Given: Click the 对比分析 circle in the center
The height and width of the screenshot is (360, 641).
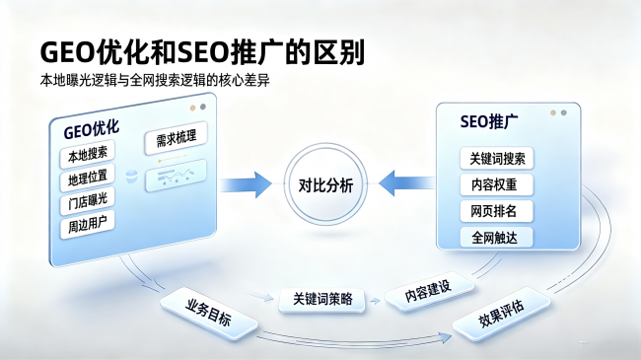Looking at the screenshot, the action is (x=325, y=184).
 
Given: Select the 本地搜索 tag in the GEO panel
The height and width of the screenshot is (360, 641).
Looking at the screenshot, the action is (x=87, y=155).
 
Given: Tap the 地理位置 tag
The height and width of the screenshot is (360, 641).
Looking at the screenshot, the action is (x=87, y=178).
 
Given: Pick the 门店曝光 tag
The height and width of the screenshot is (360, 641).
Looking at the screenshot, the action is (x=87, y=201).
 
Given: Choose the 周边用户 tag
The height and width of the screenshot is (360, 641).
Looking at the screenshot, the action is (x=87, y=225).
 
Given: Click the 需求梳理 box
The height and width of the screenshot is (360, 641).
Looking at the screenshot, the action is (x=177, y=138).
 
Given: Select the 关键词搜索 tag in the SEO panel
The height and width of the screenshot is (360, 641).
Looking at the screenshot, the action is (x=497, y=159).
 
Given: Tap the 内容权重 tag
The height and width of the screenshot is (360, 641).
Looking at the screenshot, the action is (x=497, y=184).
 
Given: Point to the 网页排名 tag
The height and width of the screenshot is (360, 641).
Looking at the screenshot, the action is (x=497, y=211).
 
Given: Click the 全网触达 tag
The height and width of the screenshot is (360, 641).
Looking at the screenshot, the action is (x=497, y=238).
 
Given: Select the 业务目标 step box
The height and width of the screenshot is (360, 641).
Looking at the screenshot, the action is (x=208, y=313).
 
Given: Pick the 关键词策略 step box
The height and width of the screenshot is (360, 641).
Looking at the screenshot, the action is (x=321, y=300).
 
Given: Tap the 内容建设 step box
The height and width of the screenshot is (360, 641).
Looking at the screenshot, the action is (x=429, y=291).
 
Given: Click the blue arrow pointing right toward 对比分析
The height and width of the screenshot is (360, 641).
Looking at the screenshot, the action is (x=246, y=184).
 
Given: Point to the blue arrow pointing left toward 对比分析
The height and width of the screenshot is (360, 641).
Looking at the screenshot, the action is (x=406, y=182).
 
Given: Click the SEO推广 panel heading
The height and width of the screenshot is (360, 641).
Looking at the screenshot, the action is (x=489, y=122).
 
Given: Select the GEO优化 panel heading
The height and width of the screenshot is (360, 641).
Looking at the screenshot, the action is (x=91, y=130).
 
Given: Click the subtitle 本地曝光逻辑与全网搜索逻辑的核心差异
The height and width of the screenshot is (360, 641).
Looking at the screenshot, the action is (x=155, y=81).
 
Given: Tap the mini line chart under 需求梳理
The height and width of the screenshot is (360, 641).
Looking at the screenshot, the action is (x=177, y=176).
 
